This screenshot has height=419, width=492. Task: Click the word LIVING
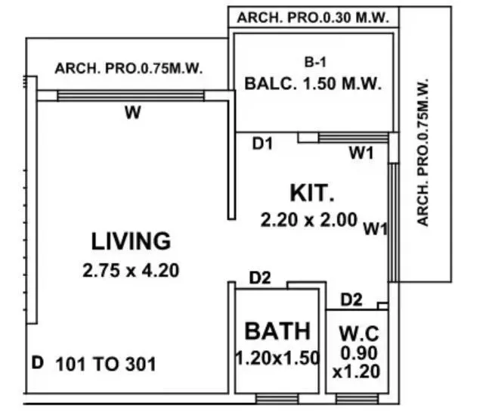pos(131,241)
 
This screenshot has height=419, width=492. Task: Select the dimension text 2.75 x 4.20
pos(131,270)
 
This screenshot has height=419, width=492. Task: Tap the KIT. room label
pos(312,193)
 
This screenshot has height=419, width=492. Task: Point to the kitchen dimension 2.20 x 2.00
pos(308,220)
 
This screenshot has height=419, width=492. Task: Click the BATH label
pos(277,331)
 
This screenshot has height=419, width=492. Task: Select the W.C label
pos(357,333)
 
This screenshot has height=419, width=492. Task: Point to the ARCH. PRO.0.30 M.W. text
pos(312,17)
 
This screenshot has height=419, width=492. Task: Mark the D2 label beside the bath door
pos(260,278)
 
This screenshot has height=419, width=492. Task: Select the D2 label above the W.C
pos(351,300)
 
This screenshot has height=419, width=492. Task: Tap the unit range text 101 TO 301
pos(106,365)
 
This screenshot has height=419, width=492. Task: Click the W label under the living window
pos(133,114)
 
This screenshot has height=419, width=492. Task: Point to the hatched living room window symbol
pos(131,95)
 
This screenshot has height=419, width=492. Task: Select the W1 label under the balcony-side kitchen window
pos(361,154)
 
